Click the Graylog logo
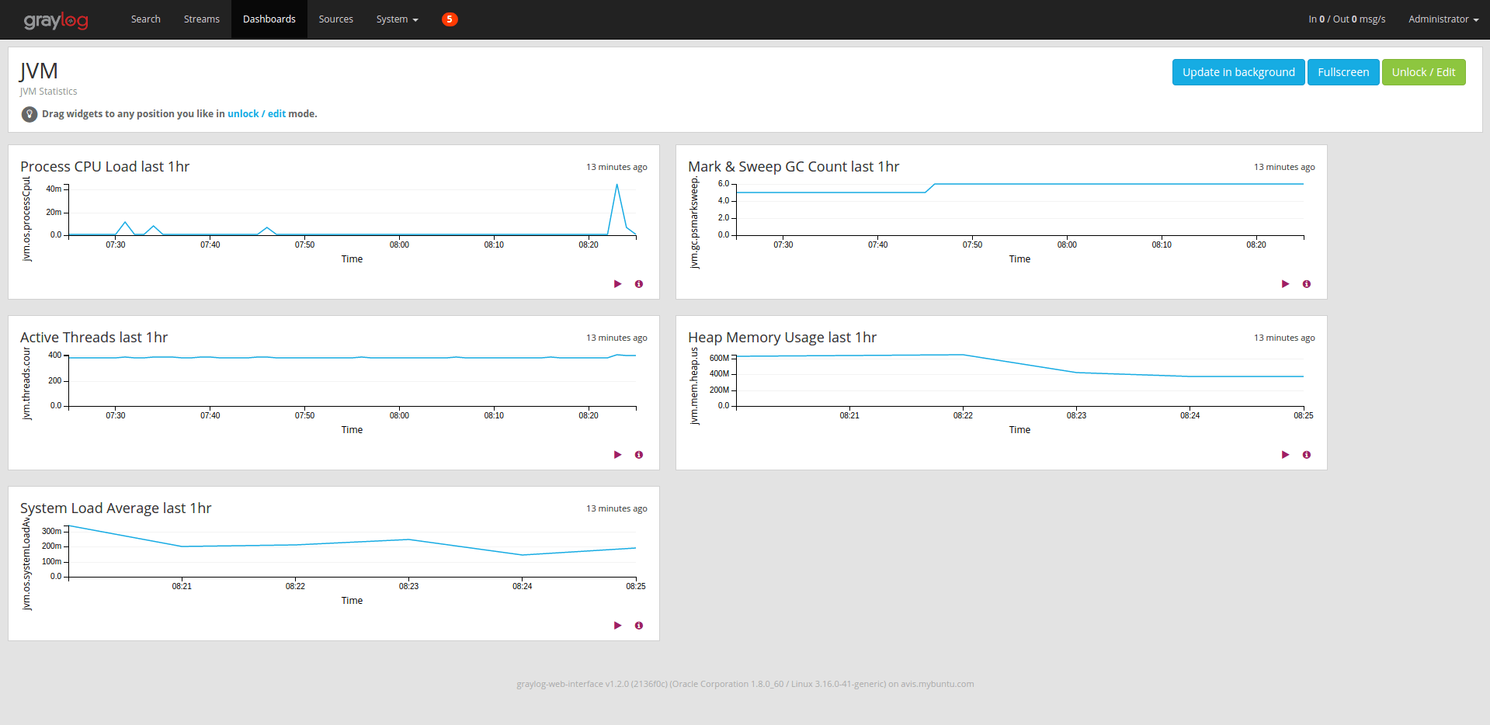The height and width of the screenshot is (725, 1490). tap(55, 20)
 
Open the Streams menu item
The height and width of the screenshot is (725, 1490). tap(201, 19)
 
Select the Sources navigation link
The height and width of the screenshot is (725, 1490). tap(335, 19)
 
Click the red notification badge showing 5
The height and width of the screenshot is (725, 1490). tap(450, 19)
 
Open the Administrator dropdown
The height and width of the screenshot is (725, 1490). tap(1443, 19)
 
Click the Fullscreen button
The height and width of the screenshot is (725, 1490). tap(1342, 72)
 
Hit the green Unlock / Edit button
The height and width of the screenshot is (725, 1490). tap(1422, 72)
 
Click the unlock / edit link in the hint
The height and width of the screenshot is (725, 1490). tap(256, 114)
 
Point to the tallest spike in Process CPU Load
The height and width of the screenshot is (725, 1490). tap(616, 186)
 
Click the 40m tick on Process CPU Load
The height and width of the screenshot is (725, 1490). tap(54, 189)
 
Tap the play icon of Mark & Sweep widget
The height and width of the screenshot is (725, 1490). tap(1285, 284)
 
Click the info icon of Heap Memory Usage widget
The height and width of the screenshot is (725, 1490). tap(1307, 455)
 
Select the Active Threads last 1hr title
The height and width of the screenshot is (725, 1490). tap(94, 338)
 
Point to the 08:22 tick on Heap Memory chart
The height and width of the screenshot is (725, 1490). tap(963, 415)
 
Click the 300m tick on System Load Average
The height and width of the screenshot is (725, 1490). tap(51, 531)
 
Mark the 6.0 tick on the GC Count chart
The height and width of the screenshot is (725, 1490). tap(723, 184)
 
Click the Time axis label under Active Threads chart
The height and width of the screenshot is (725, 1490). tap(352, 430)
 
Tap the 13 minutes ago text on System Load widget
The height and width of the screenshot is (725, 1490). tap(616, 509)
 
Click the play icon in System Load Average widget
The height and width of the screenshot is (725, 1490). tap(617, 626)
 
